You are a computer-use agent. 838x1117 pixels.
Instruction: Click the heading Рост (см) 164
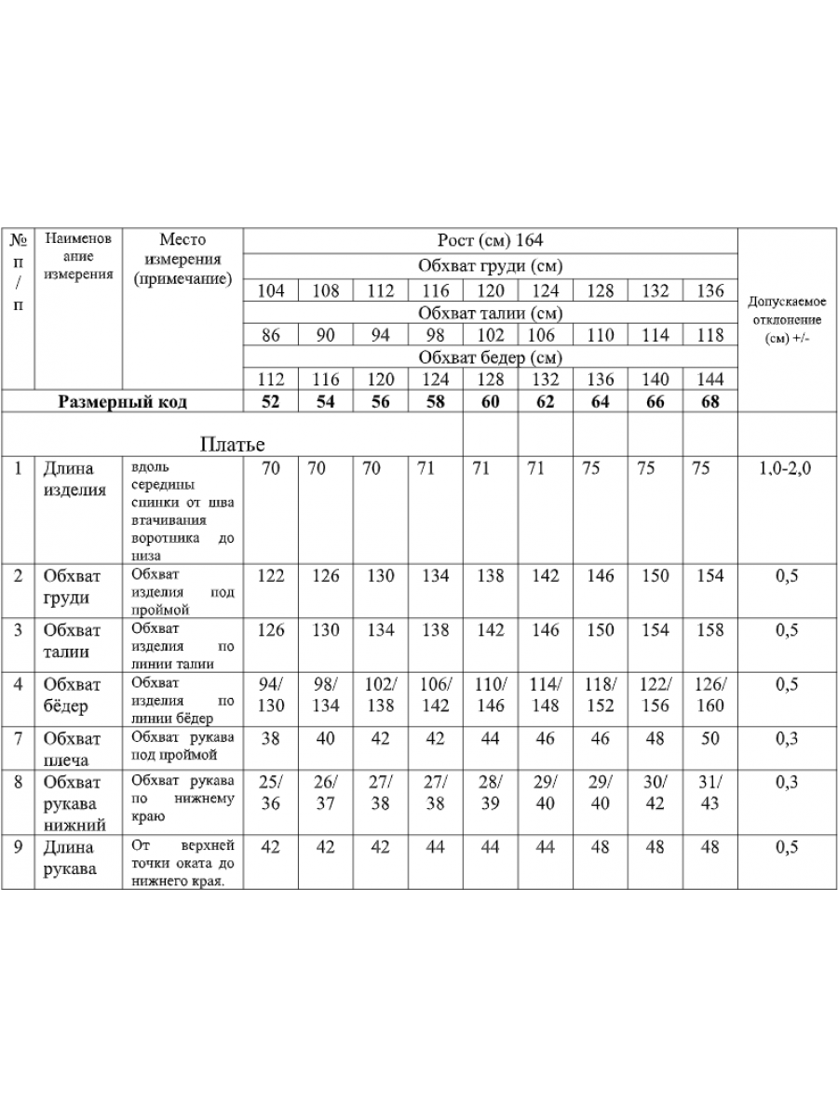490,240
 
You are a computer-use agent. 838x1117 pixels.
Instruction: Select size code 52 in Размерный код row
270,402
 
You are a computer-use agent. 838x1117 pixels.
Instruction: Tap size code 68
710,402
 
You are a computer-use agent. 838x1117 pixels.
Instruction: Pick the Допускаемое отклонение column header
787,320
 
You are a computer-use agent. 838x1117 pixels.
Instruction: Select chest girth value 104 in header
270,290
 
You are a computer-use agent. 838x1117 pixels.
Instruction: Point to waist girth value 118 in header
710,335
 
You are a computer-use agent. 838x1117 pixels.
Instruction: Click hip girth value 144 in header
710,380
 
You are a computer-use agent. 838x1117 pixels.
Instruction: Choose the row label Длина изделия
74,479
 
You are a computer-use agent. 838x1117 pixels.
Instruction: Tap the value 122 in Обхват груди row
270,576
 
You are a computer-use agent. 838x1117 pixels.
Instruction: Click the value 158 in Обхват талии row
710,630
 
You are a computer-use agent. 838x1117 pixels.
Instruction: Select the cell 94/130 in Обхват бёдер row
270,695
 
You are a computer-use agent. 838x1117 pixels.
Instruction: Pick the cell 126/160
710,695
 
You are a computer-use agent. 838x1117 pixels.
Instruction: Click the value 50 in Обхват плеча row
710,739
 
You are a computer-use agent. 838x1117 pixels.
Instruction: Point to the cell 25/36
270,793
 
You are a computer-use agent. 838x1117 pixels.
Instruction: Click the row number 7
18,739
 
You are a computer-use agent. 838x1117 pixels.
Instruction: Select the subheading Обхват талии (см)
490,313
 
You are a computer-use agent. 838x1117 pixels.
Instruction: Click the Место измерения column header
182,259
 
